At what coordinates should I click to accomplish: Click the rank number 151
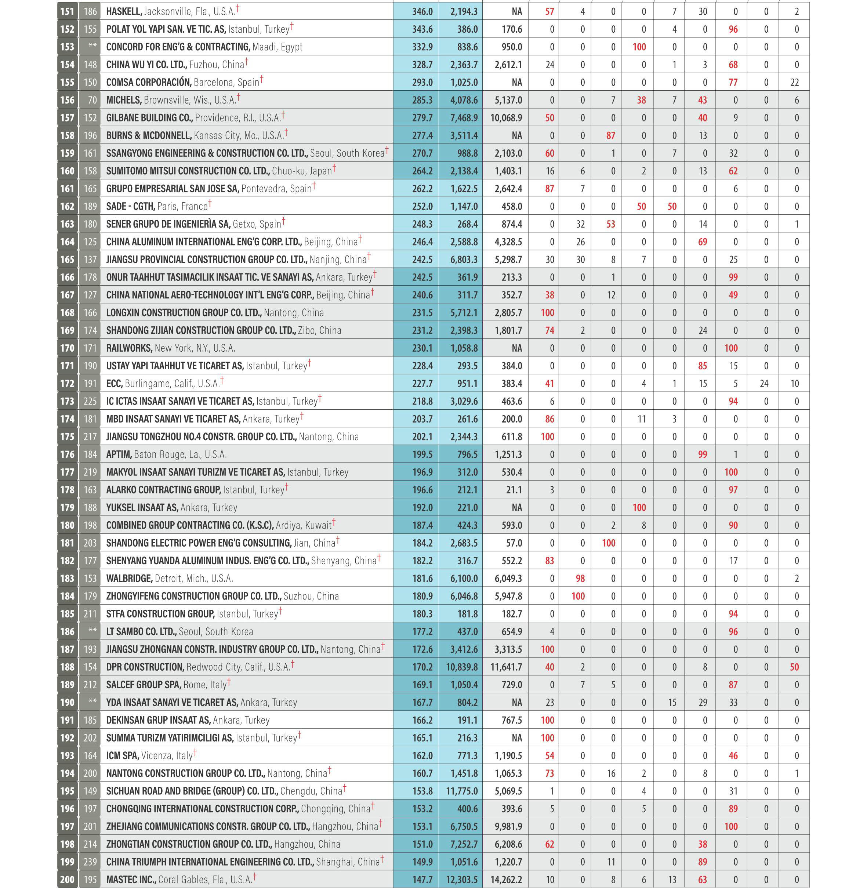coord(68,11)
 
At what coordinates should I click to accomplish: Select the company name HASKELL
coord(124,11)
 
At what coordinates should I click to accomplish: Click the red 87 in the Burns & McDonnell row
coord(611,135)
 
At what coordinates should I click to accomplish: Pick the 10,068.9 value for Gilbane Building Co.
coord(506,117)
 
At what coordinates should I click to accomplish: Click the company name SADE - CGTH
coord(130,206)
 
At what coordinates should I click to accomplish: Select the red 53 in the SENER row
coord(611,224)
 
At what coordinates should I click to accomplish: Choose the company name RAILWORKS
coord(129,348)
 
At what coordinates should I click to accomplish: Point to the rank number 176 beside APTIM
coord(68,454)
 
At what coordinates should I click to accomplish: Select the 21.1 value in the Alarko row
coord(513,490)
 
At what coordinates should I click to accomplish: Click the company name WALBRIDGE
coord(129,578)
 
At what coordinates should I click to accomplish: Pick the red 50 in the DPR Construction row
coord(794,667)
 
